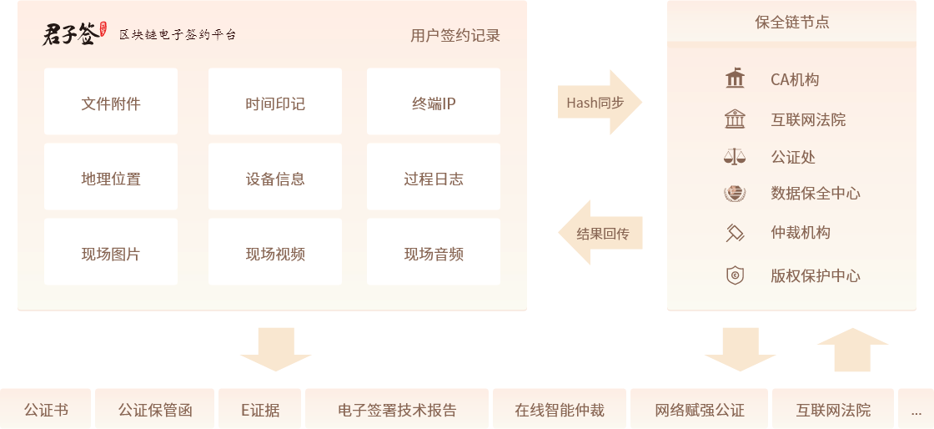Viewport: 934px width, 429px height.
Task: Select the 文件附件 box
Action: click(x=111, y=104)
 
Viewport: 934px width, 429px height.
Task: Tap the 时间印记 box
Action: click(x=275, y=104)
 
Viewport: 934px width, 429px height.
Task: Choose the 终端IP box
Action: click(x=434, y=104)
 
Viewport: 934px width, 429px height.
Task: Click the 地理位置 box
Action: click(x=111, y=179)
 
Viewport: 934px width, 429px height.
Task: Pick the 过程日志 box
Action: click(x=434, y=179)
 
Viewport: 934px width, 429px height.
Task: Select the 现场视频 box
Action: click(x=275, y=255)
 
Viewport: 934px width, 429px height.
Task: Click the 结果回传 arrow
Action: click(x=600, y=233)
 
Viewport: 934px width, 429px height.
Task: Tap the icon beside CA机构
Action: click(x=735, y=79)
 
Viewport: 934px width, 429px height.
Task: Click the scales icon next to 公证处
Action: click(x=735, y=157)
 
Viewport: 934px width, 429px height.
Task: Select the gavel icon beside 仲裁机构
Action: click(x=735, y=233)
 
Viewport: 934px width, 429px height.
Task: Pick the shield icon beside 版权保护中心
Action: click(x=735, y=275)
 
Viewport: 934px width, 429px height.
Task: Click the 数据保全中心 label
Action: click(x=816, y=194)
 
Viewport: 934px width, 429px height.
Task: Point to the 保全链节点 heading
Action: click(x=792, y=23)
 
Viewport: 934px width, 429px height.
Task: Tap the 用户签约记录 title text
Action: click(x=455, y=36)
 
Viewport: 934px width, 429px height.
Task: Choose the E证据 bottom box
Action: click(x=260, y=410)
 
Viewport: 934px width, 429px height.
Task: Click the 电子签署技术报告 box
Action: click(x=397, y=410)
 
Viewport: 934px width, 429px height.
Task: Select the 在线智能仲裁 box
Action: click(x=560, y=410)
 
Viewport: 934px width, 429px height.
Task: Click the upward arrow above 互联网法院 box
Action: click(x=853, y=349)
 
